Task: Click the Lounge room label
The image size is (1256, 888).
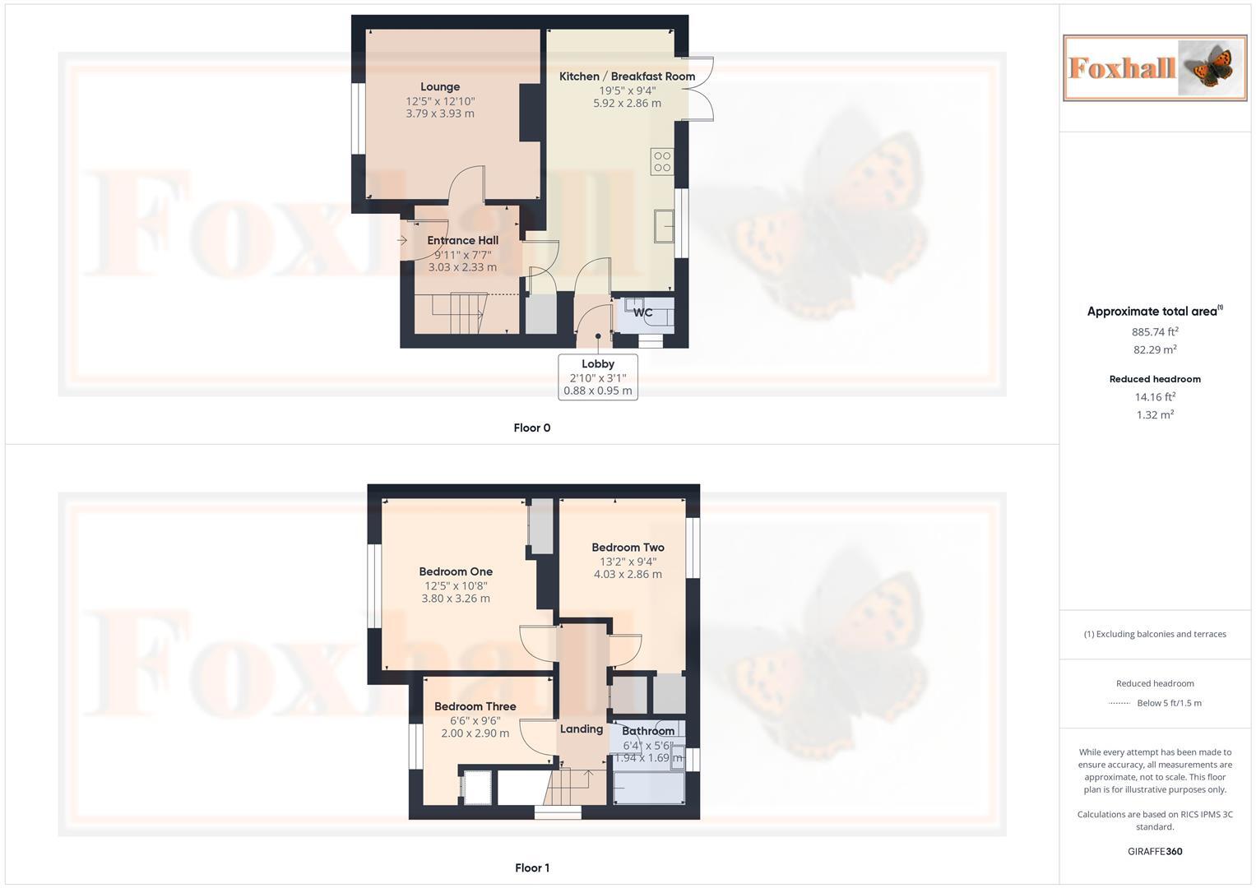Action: coord(440,87)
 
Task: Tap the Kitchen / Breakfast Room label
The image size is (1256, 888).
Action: coord(627,76)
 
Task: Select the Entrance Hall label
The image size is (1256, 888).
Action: coord(462,241)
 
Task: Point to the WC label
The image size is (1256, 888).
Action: coord(642,312)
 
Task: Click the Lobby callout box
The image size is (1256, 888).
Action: coord(598,377)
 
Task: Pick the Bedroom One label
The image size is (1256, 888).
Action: coord(456,572)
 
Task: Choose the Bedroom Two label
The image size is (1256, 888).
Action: coord(628,548)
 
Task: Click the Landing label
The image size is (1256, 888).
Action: coord(582,729)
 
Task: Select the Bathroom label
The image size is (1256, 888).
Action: coord(648,731)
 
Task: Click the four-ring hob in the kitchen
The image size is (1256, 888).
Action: coord(662,162)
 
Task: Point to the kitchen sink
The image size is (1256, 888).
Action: coord(665,226)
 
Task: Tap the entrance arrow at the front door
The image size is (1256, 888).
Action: coord(402,240)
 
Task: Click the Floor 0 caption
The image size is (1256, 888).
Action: coord(532,428)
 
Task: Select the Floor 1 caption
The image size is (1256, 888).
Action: coord(532,868)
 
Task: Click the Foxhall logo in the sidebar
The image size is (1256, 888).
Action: coord(1155,68)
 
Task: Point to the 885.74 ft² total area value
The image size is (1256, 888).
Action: coord(1155,332)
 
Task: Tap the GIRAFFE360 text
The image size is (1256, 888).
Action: coord(1155,852)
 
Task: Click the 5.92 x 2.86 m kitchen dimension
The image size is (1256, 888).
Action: coord(627,104)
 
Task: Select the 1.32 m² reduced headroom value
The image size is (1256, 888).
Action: coord(1155,415)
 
